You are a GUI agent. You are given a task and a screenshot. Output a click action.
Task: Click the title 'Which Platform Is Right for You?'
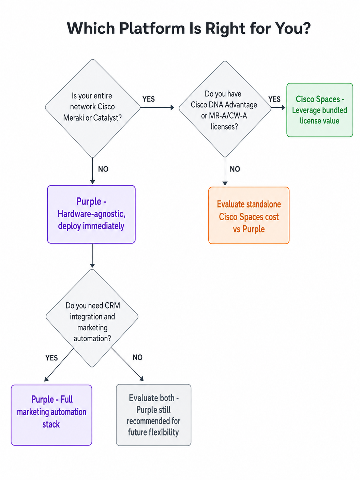click(189, 28)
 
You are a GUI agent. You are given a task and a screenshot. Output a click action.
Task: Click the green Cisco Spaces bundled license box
click(319, 110)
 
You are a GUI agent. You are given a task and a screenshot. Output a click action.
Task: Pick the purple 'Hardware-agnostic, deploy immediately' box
click(91, 214)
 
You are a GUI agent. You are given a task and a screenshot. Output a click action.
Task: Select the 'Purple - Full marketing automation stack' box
click(51, 415)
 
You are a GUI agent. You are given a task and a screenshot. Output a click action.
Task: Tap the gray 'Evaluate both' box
click(153, 415)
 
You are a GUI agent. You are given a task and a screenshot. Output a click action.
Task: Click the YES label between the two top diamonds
click(149, 99)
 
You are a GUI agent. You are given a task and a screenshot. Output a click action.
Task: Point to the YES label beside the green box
click(274, 99)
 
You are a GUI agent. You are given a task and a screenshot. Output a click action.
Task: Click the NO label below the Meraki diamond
click(103, 169)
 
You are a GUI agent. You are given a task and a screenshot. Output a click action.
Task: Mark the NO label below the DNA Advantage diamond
click(235, 169)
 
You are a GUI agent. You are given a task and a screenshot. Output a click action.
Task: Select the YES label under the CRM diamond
click(51, 358)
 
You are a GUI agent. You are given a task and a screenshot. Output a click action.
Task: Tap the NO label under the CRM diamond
click(137, 357)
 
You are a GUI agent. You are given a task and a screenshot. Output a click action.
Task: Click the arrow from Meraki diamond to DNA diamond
click(157, 108)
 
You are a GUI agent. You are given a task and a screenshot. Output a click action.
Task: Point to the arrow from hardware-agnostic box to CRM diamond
click(92, 256)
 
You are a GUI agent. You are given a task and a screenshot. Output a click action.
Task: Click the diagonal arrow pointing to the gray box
click(127, 364)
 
